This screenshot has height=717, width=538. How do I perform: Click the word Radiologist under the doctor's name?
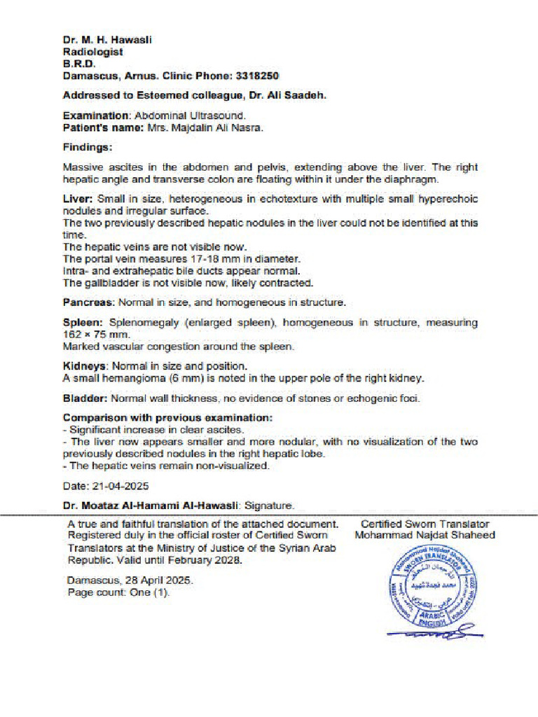point(92,52)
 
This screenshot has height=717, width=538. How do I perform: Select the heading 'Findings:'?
point(88,148)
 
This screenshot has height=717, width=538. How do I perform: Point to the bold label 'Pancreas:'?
point(89,302)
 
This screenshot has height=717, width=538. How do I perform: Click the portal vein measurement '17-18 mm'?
point(193,259)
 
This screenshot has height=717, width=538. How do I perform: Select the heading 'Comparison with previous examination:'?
point(167,418)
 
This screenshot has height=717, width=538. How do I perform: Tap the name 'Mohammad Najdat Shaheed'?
point(425,536)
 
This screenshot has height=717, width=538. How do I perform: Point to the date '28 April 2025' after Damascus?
point(158,581)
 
